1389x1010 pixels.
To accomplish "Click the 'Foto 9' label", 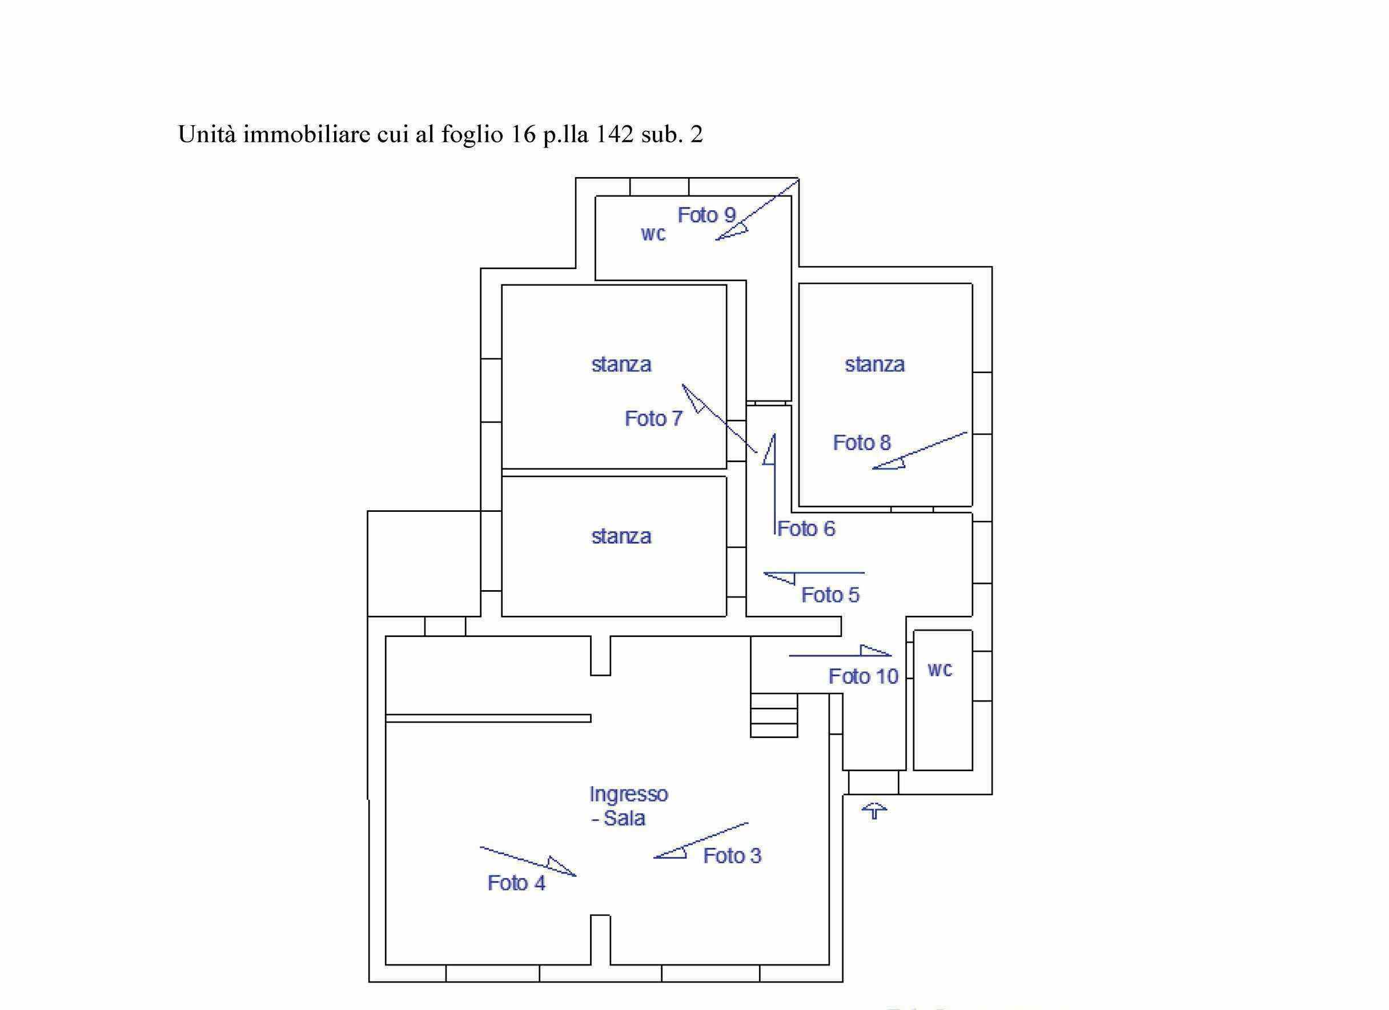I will click(706, 215).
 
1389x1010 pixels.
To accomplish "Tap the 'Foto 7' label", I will click(653, 418).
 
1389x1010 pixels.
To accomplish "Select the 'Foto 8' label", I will click(862, 443).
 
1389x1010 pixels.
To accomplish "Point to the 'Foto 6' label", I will click(806, 528).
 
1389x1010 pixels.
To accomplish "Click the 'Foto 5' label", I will click(830, 595).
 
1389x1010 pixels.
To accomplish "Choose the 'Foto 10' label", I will click(863, 676).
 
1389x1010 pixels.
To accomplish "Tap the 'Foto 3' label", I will click(732, 856).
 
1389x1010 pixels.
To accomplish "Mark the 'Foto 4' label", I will click(516, 883).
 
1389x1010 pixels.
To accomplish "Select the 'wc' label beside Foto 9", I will click(653, 234).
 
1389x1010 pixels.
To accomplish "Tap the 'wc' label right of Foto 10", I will click(940, 670).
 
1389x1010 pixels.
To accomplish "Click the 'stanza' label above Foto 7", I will click(621, 364).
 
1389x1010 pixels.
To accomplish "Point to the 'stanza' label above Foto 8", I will click(874, 364).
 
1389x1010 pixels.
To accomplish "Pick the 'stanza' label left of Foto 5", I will click(621, 536).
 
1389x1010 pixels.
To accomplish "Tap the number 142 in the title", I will click(615, 135).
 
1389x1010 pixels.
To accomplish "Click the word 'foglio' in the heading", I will click(472, 135).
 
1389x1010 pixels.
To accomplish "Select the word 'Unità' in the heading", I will click(206, 134).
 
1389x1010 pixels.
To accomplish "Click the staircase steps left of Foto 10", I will click(774, 715).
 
